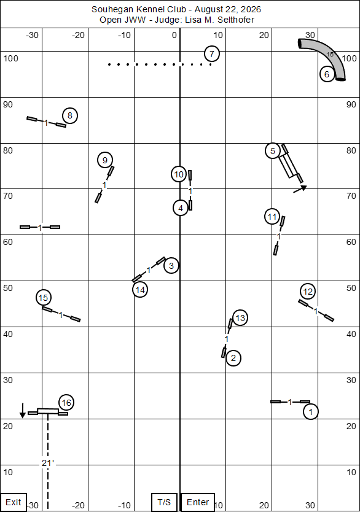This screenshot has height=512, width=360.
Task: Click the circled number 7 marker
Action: pos(212,54)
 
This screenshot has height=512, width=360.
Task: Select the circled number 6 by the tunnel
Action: pos(327,74)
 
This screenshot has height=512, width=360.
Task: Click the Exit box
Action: pos(13,502)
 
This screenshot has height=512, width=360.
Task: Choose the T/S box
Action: pos(164,502)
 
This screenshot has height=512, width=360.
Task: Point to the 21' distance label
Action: pos(48,463)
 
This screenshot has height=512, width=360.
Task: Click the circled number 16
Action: pos(66,403)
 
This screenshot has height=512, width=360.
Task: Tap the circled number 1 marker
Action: pos(311,412)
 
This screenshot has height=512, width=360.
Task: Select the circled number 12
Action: pos(308,291)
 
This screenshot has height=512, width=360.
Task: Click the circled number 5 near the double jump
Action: pos(273,151)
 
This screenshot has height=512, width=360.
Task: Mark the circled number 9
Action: pos(105,160)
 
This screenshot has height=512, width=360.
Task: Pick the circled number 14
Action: pos(140,290)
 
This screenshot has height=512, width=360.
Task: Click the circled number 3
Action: pos(171,265)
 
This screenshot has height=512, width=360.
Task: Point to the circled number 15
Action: pos(44,298)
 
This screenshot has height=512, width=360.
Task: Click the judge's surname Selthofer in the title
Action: pos(236,20)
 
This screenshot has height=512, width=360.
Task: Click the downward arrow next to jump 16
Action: pos(22,411)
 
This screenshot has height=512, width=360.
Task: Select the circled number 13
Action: pos(240,318)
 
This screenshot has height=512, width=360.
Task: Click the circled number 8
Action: pos(70,115)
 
